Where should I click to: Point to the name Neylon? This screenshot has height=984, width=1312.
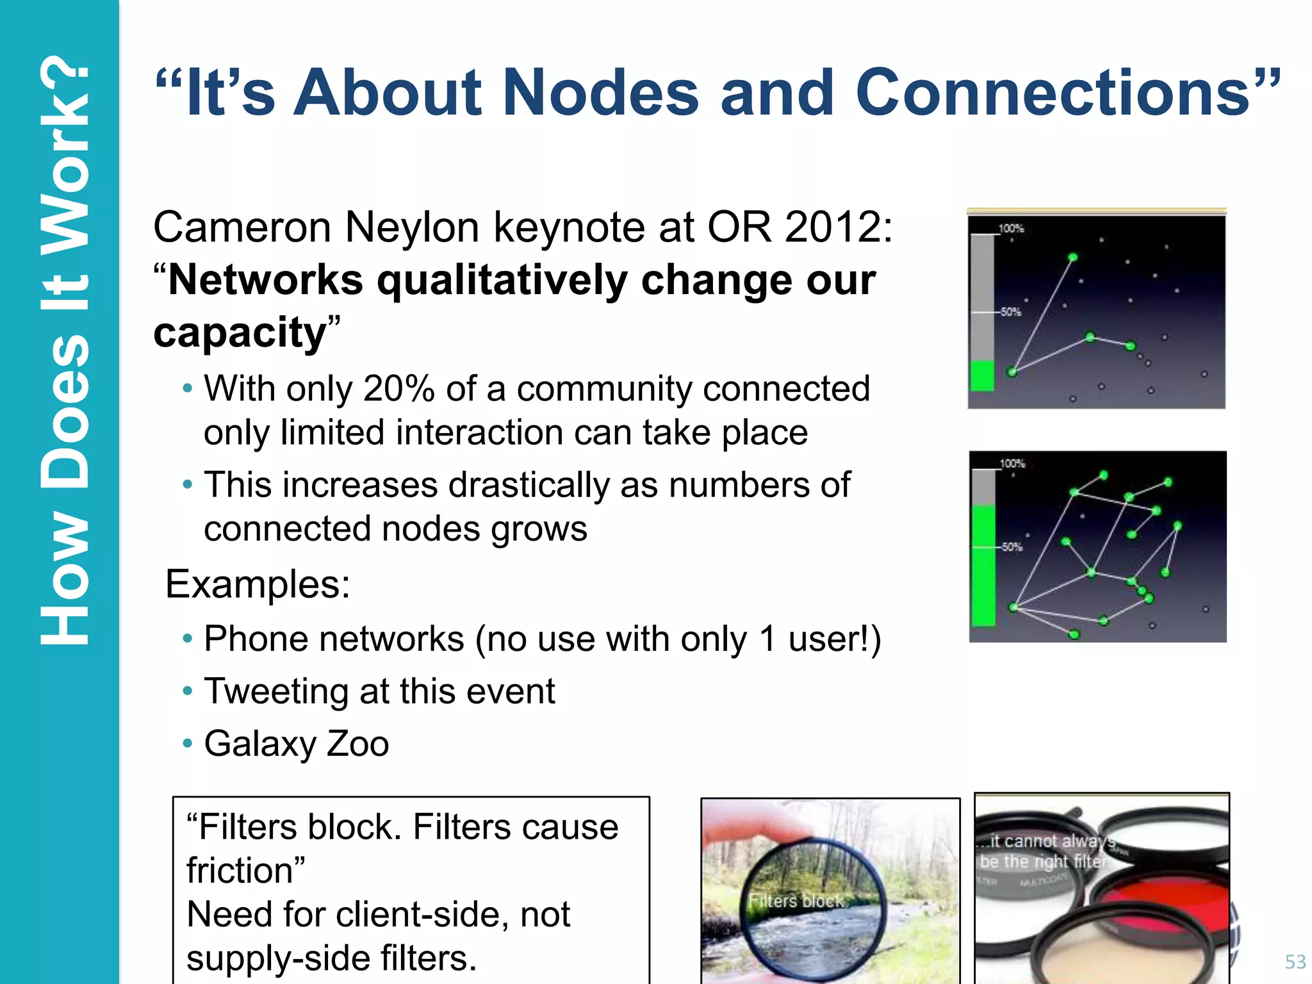[413, 228]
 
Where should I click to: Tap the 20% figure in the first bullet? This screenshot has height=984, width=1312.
[398, 389]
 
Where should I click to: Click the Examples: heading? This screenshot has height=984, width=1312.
[258, 584]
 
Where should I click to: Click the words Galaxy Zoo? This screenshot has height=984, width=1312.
[296, 744]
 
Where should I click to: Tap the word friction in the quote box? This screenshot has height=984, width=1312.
[240, 871]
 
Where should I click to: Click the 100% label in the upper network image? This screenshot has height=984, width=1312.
[1011, 228]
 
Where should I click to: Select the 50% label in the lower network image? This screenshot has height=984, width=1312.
[1012, 547]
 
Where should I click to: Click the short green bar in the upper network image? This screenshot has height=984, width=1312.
[982, 375]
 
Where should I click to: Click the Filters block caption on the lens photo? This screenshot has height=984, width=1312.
[796, 901]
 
